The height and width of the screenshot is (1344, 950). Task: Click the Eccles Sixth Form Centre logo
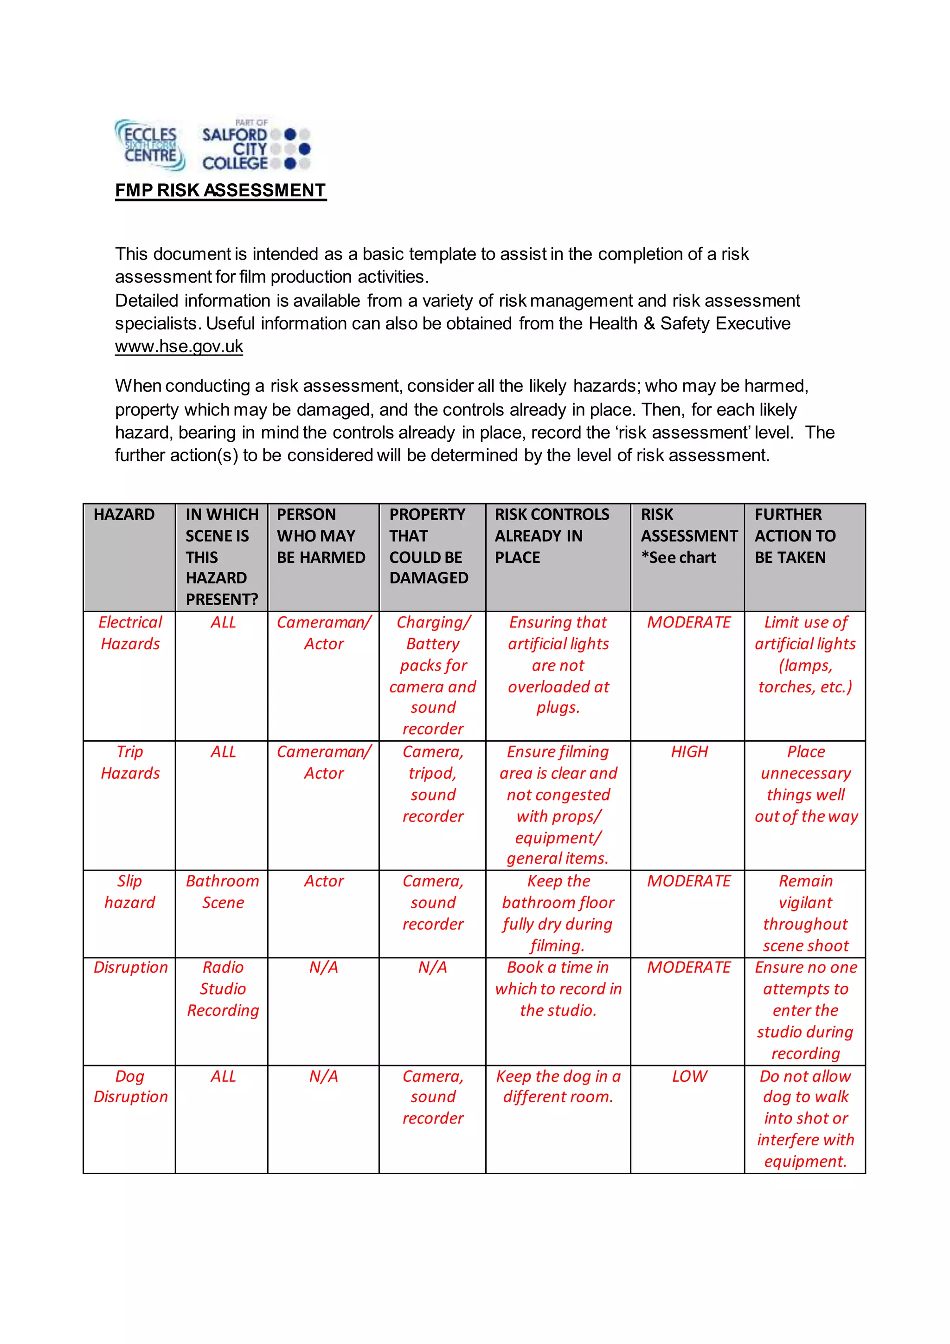[150, 145]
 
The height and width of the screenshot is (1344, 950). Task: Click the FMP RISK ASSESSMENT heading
[220, 190]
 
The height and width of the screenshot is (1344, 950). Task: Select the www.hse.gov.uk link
[179, 347]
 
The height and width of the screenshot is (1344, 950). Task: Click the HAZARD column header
[124, 515]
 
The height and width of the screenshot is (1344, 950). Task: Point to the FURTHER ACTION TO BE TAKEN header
[795, 536]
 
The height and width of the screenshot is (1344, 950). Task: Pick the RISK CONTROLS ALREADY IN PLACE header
[552, 536]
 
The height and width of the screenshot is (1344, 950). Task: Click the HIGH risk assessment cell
[688, 752]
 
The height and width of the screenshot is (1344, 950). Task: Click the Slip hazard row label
[130, 892]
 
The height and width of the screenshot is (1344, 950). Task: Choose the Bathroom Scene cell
[222, 892]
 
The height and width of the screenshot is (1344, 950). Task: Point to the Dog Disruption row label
[130, 1086]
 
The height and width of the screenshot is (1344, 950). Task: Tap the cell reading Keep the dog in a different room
[558, 1086]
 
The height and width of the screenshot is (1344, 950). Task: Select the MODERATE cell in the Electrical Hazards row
[688, 622]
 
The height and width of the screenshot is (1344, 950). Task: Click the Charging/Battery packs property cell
[433, 676]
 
